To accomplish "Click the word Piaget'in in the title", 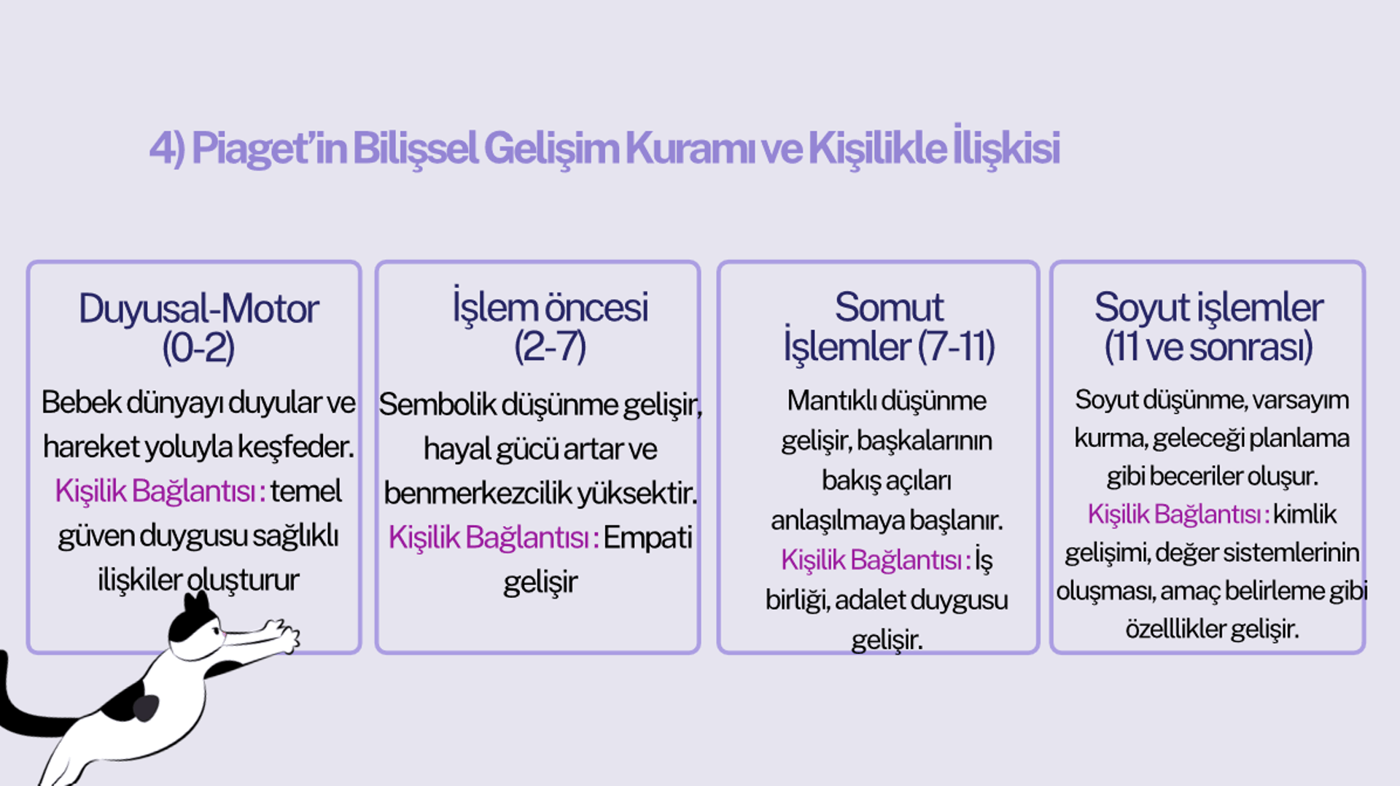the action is pos(269,149).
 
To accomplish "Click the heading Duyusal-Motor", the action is pos(198,308).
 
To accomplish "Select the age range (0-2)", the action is pos(198,347).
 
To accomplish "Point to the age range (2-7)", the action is pos(550,346).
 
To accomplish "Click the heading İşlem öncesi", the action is pos(550,307).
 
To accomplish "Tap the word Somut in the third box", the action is pos(889,307).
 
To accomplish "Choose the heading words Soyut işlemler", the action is pos(1208,308).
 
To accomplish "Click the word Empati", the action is pos(647,538).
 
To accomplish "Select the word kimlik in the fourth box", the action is pos(1305,515).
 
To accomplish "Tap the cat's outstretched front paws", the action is pos(281,634).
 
